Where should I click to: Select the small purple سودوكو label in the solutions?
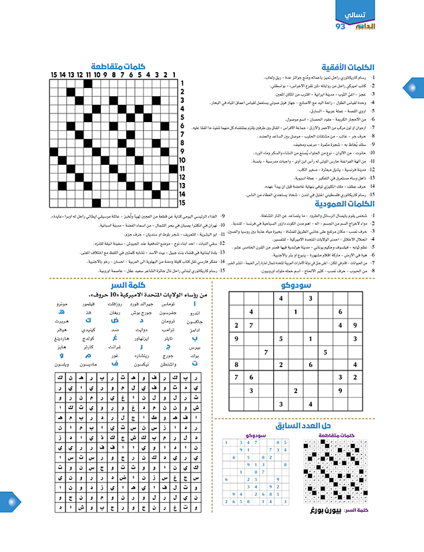[x=256, y=435]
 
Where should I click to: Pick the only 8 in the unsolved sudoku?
[x=236, y=364]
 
